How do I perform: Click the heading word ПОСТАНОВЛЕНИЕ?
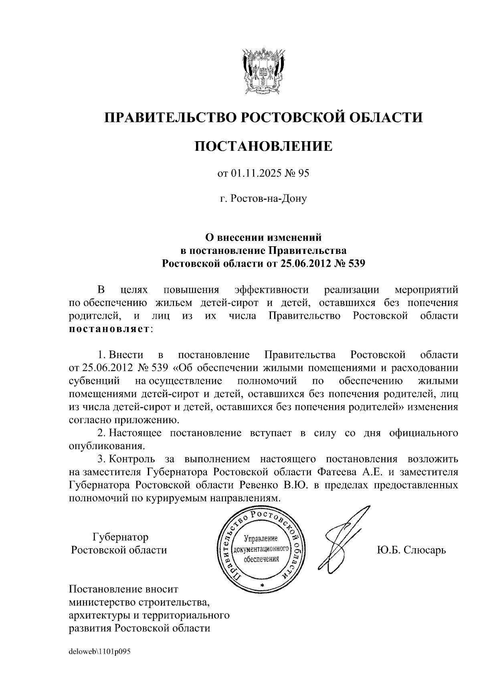pos(263,146)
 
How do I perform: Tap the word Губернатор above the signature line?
pos(120,537)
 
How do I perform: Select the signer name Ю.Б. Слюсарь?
pos(411,549)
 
